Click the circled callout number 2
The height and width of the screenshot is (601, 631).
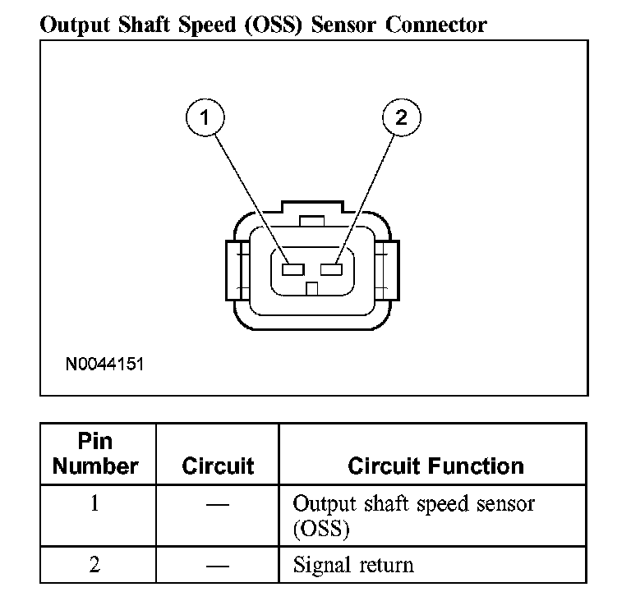pos(401,117)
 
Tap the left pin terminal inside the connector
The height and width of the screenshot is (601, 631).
pos(292,269)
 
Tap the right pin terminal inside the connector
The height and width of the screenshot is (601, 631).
pos(332,269)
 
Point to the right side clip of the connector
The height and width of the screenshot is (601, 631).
pos(388,270)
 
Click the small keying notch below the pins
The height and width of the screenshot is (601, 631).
pos(311,288)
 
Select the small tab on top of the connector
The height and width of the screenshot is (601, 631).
pos(311,220)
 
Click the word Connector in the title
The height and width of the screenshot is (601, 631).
pos(436,25)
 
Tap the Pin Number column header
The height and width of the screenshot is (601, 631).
pos(95,454)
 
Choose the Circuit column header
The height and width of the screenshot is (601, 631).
pos(218,466)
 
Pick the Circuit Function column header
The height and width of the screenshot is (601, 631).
pos(435,466)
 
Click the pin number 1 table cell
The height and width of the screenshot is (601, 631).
pos(95,502)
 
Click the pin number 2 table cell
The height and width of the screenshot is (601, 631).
pos(95,565)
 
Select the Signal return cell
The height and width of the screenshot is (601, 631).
pos(353,565)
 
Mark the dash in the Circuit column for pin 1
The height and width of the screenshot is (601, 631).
pos(217,503)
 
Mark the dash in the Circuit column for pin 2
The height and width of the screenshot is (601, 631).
pos(217,565)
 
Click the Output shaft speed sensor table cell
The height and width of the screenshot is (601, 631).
pos(413,515)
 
